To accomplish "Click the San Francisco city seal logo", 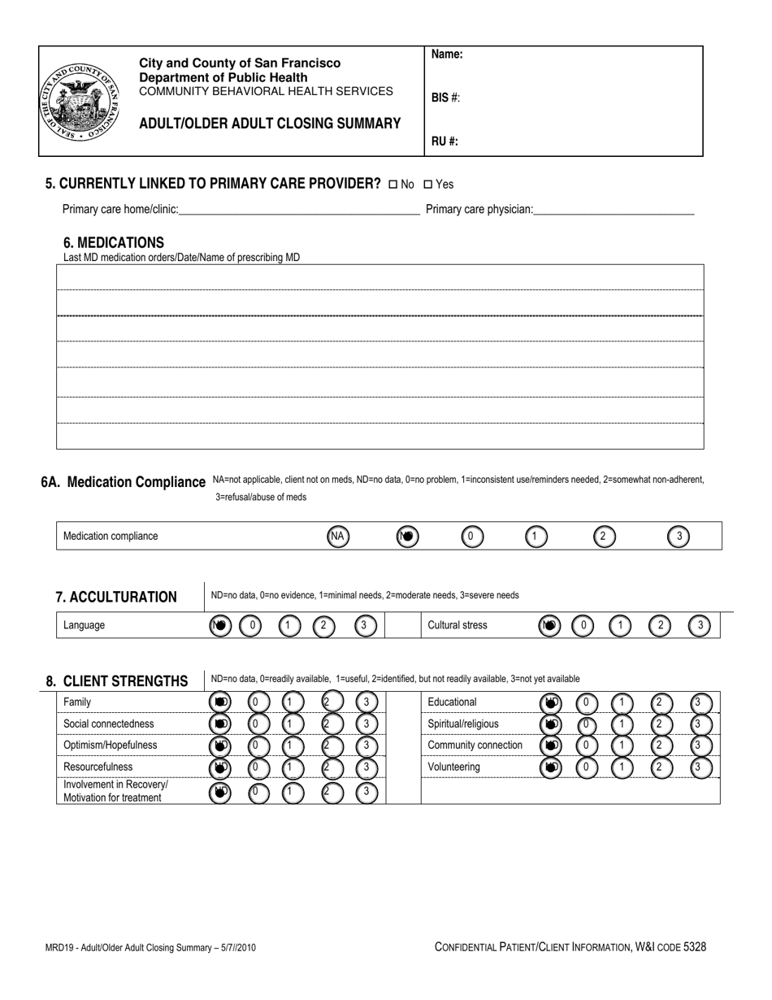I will (80, 102).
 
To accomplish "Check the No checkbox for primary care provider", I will (393, 185).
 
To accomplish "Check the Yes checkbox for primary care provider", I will (428, 185).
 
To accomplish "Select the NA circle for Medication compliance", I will (338, 537).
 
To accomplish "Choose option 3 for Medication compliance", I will (679, 537).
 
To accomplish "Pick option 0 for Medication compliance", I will (472, 537).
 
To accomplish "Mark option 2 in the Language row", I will (323, 625).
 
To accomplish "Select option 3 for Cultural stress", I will (700, 625).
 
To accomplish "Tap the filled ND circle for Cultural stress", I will (549, 625).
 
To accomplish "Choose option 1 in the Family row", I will (293, 702).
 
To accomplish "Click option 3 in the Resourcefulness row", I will (367, 767).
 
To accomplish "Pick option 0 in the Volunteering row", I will (587, 767).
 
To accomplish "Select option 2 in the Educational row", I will (661, 702).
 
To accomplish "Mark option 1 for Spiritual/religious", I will (622, 724).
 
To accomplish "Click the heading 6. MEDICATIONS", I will (114, 242).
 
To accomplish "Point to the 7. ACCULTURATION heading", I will (116, 598).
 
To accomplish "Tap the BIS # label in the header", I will (445, 98).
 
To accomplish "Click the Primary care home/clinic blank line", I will (298, 210).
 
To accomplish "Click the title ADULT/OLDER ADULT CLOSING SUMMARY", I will (270, 124).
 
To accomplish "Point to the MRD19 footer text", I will (154, 947).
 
